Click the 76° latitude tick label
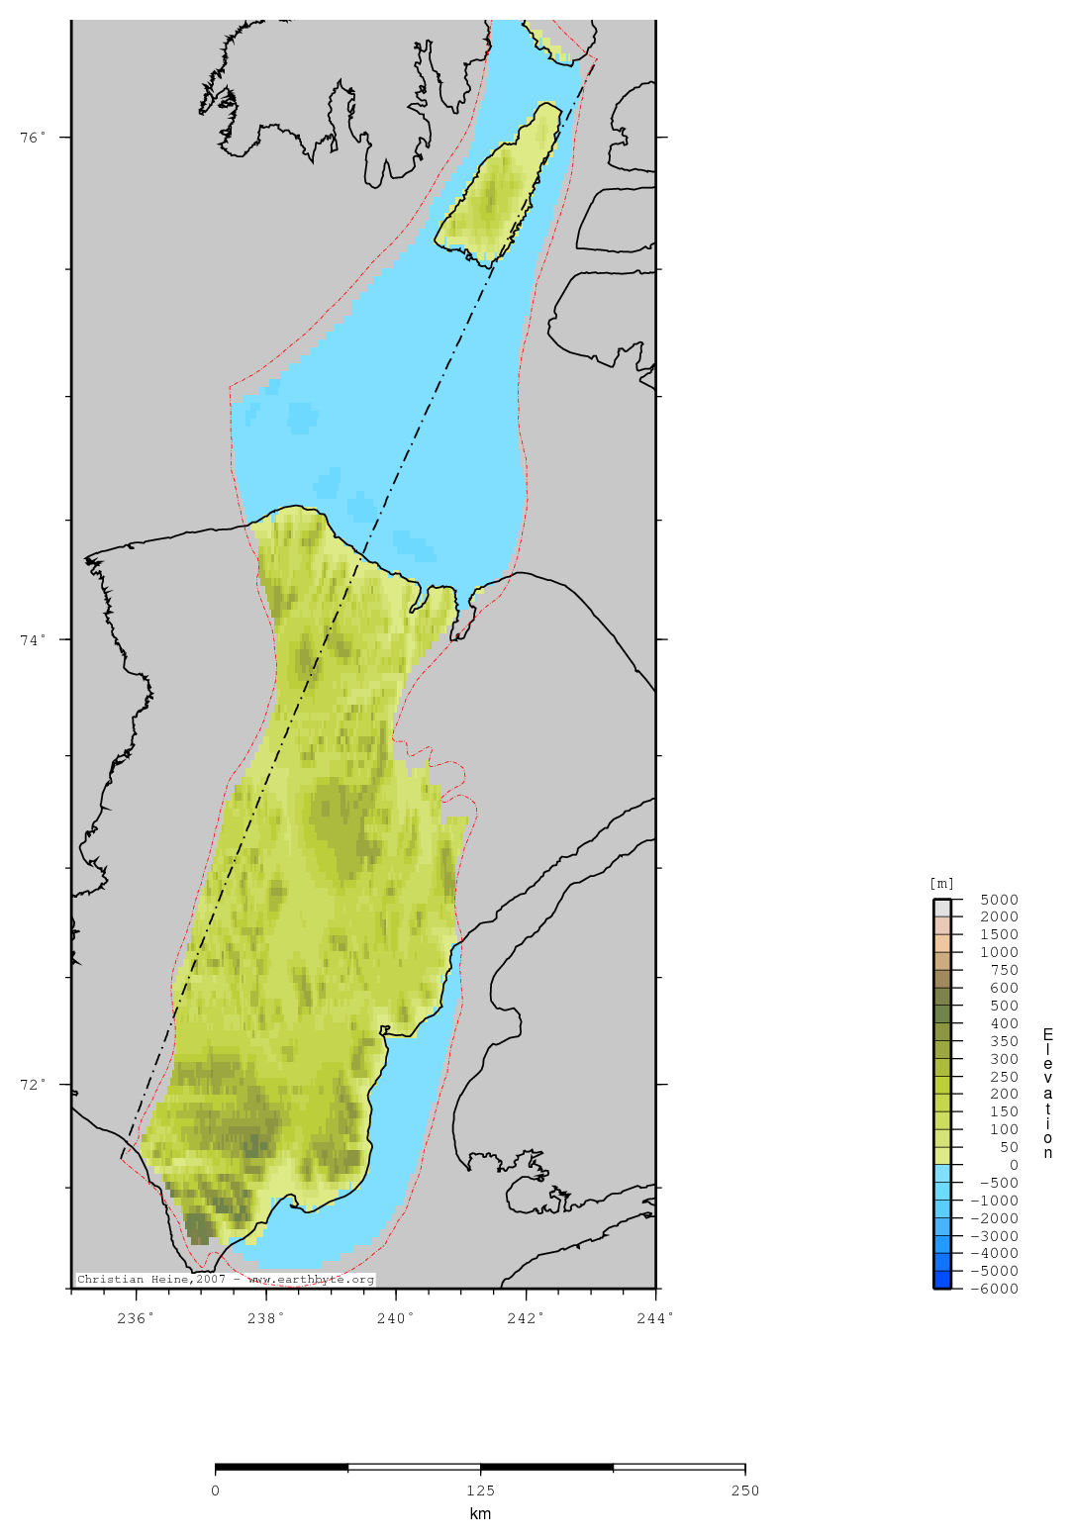click(x=34, y=138)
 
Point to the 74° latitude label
click(x=34, y=639)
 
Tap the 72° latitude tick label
click(x=34, y=1085)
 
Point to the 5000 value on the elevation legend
click(x=999, y=900)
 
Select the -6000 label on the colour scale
click(x=995, y=1289)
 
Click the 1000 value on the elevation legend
click(x=999, y=952)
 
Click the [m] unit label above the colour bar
click(x=941, y=884)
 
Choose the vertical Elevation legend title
click(x=1048, y=1093)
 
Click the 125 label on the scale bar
click(x=480, y=1491)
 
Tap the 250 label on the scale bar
click(x=745, y=1491)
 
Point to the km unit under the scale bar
click(x=480, y=1513)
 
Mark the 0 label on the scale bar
click(x=216, y=1491)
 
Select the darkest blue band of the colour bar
click(x=941, y=1280)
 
